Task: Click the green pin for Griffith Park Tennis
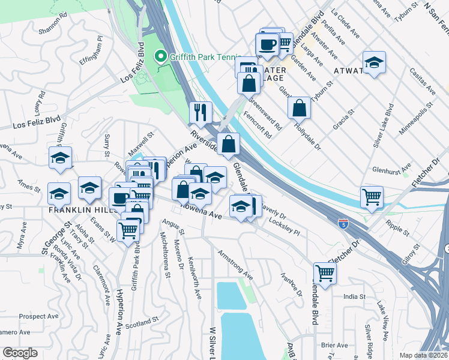click(160, 57)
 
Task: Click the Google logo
click(20, 353)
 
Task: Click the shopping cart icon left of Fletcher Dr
click(325, 273)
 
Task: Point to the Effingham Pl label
click(91, 48)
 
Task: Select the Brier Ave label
click(334, 345)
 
